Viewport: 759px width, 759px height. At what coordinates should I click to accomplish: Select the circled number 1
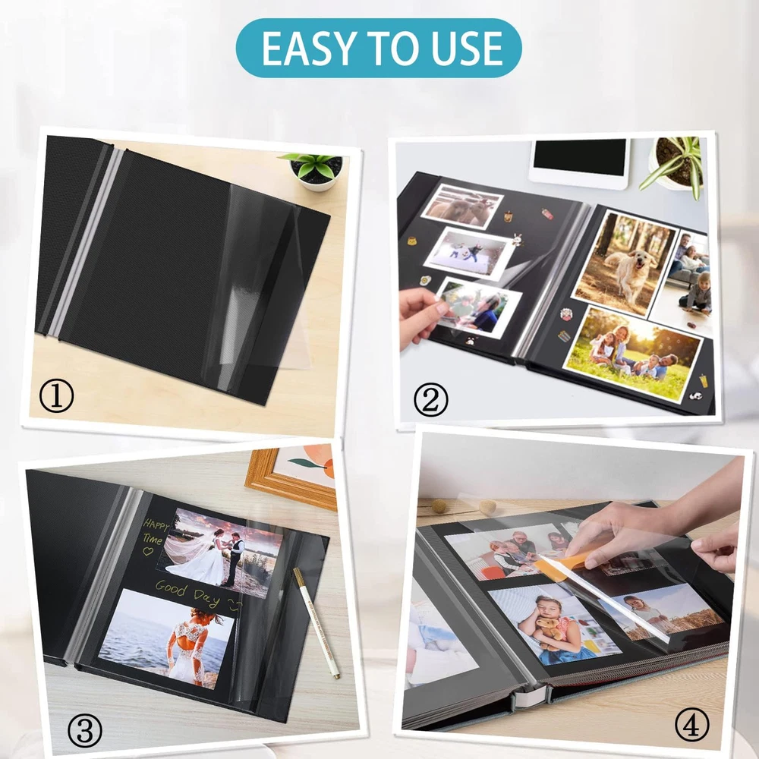pyautogui.click(x=56, y=395)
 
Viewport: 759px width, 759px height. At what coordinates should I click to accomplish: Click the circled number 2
pyautogui.click(x=430, y=399)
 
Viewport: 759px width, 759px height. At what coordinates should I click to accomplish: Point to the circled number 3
pyautogui.click(x=85, y=730)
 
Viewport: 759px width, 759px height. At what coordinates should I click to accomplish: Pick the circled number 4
pyautogui.click(x=691, y=724)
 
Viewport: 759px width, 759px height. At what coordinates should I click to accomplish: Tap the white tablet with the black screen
pyautogui.click(x=579, y=162)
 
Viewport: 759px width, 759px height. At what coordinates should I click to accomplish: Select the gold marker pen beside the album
pyautogui.click(x=316, y=622)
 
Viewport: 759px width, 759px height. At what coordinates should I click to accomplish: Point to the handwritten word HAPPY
pyautogui.click(x=156, y=524)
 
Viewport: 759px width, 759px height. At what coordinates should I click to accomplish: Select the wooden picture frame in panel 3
pyautogui.click(x=291, y=477)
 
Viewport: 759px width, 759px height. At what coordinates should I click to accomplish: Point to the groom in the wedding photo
pyautogui.click(x=236, y=557)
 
